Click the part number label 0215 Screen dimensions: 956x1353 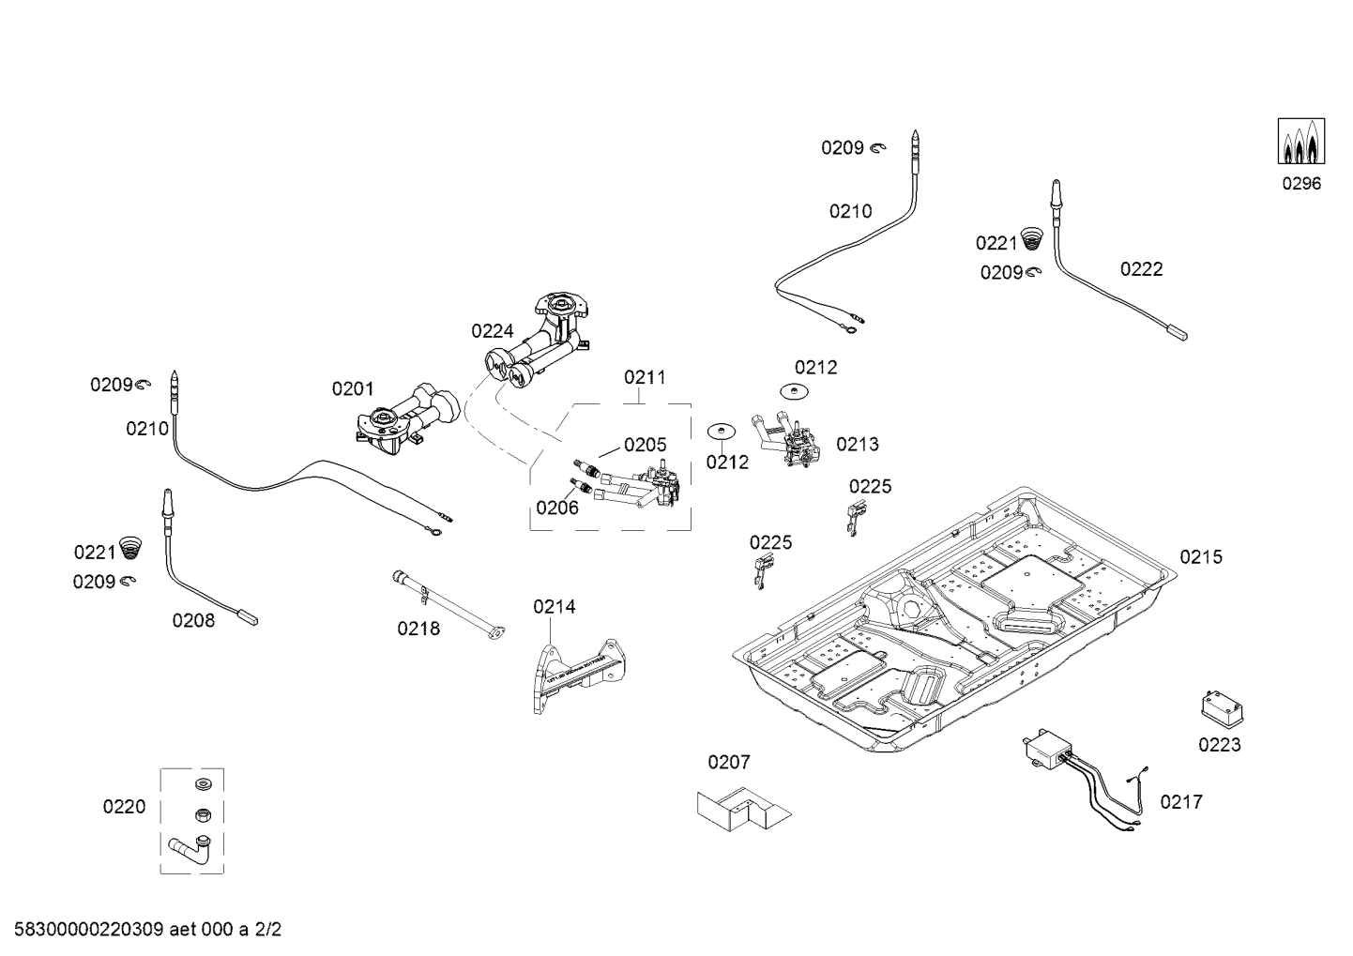(1201, 557)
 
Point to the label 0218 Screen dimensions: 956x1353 (418, 629)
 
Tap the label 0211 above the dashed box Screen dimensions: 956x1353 (645, 377)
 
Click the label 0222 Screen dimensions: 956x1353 (1141, 269)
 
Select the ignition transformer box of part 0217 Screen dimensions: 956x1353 (1047, 749)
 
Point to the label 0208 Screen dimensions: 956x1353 (193, 620)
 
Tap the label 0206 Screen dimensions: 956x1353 (557, 508)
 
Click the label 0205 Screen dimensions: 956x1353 (645, 446)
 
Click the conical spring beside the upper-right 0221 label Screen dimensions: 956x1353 (1031, 238)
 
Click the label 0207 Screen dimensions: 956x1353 (729, 762)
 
